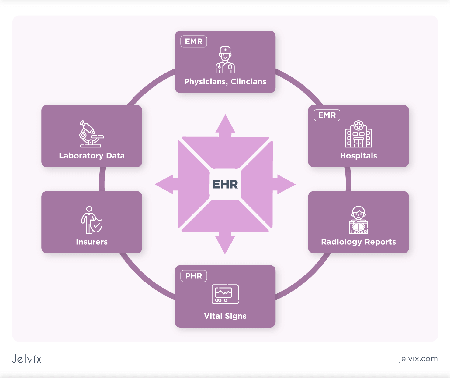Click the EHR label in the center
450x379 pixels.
[225, 184]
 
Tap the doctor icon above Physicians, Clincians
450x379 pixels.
[225, 60]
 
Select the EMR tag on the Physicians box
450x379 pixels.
[194, 41]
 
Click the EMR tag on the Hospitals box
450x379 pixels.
[327, 115]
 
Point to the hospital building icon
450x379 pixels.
[358, 134]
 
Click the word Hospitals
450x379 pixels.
[358, 156]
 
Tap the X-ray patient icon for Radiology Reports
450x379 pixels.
[358, 220]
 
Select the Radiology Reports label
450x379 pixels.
[358, 242]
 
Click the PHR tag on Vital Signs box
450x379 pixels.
[194, 276]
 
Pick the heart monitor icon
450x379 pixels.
[225, 294]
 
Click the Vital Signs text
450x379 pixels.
[225, 316]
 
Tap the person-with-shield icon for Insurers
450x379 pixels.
[92, 220]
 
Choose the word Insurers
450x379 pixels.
[92, 242]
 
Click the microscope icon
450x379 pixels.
[91, 134]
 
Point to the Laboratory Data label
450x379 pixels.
[92, 156]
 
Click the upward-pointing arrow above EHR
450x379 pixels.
[225, 125]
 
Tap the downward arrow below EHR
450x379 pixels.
[225, 244]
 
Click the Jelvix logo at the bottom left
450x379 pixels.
[27, 359]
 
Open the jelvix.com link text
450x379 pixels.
[418, 359]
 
